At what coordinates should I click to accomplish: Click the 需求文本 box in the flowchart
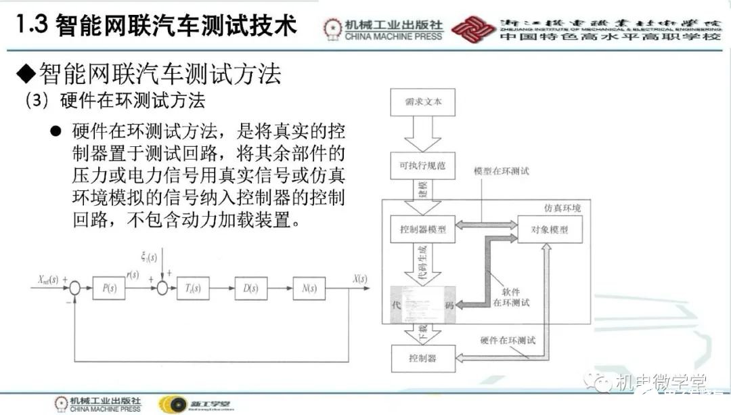pyautogui.click(x=423, y=103)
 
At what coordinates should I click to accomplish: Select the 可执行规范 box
pyautogui.click(x=423, y=165)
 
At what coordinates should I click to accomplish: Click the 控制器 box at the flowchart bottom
pyautogui.click(x=423, y=357)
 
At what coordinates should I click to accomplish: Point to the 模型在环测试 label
pyautogui.click(x=502, y=171)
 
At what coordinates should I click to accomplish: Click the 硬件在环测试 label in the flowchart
pyautogui.click(x=507, y=340)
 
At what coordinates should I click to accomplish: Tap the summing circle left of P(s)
pyautogui.click(x=75, y=288)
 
